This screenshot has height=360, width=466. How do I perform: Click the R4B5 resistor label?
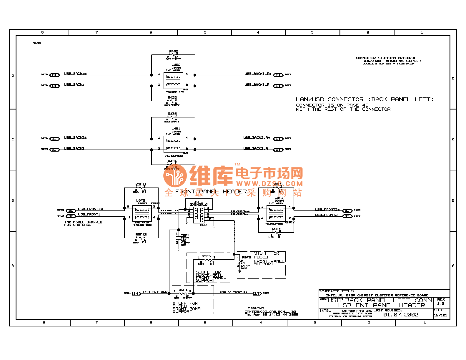click(x=174, y=52)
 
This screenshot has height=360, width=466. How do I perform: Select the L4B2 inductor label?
click(x=176, y=65)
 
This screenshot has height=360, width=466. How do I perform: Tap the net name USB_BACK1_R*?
click(x=258, y=74)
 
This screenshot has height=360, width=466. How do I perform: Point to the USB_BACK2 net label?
click(x=74, y=149)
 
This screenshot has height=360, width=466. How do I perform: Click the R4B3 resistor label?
click(x=172, y=114)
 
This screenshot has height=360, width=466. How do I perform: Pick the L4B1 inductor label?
click(x=176, y=129)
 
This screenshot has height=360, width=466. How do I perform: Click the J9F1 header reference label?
click(x=198, y=202)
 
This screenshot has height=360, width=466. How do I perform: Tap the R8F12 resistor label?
click(x=141, y=235)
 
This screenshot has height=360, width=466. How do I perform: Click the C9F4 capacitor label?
click(x=185, y=235)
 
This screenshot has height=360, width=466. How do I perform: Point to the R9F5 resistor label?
click(x=206, y=256)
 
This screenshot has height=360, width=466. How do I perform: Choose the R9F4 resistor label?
click(x=183, y=290)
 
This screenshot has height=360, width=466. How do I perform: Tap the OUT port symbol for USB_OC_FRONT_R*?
click(x=257, y=293)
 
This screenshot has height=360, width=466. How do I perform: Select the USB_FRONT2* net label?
click(x=327, y=210)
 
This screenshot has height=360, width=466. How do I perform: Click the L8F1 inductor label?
click(x=279, y=198)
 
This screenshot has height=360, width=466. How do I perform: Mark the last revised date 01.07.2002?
click(x=401, y=315)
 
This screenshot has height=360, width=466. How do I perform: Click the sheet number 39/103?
click(x=441, y=315)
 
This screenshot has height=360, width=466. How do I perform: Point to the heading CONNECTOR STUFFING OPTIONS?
click(x=385, y=58)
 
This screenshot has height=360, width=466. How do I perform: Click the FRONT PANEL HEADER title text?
click(x=211, y=192)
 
